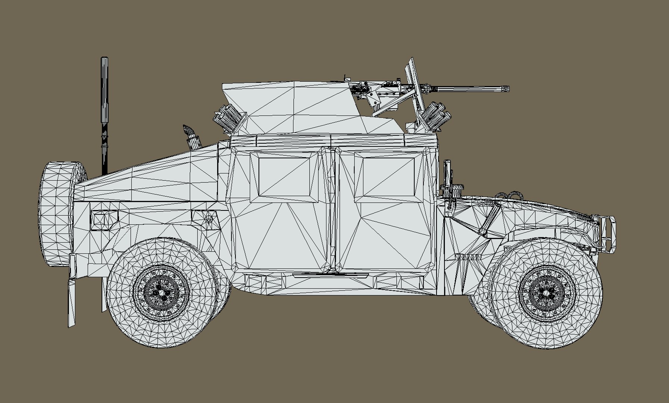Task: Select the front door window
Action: pos(388,177)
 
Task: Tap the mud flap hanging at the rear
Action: pos(72,302)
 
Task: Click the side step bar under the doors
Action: pos(330,276)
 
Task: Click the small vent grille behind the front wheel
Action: pos(467,257)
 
